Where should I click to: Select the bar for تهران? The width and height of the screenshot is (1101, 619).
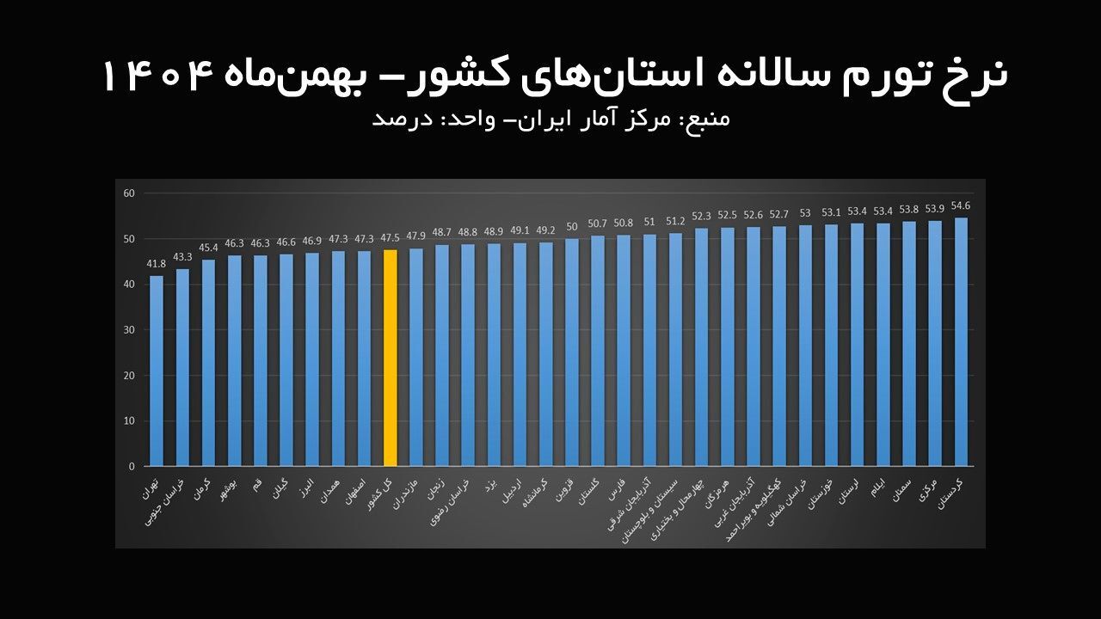tap(157, 371)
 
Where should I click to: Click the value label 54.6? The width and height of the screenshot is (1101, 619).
tap(961, 206)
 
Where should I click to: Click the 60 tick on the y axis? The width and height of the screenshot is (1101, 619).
tap(130, 193)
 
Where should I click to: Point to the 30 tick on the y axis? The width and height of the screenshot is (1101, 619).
tap(130, 330)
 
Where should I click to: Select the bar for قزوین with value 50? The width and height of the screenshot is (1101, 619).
tap(571, 352)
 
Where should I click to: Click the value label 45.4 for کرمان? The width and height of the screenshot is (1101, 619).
tap(208, 248)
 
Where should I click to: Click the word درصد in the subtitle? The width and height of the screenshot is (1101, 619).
tap(395, 119)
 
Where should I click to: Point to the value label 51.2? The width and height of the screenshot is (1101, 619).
tap(675, 222)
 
